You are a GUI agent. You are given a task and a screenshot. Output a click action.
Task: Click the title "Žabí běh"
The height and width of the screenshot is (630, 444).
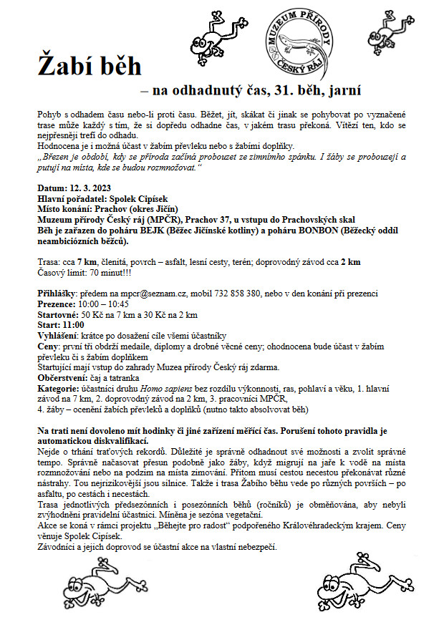(x=90, y=67)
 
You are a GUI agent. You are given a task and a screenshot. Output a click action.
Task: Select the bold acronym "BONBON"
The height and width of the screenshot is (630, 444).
(x=314, y=232)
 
